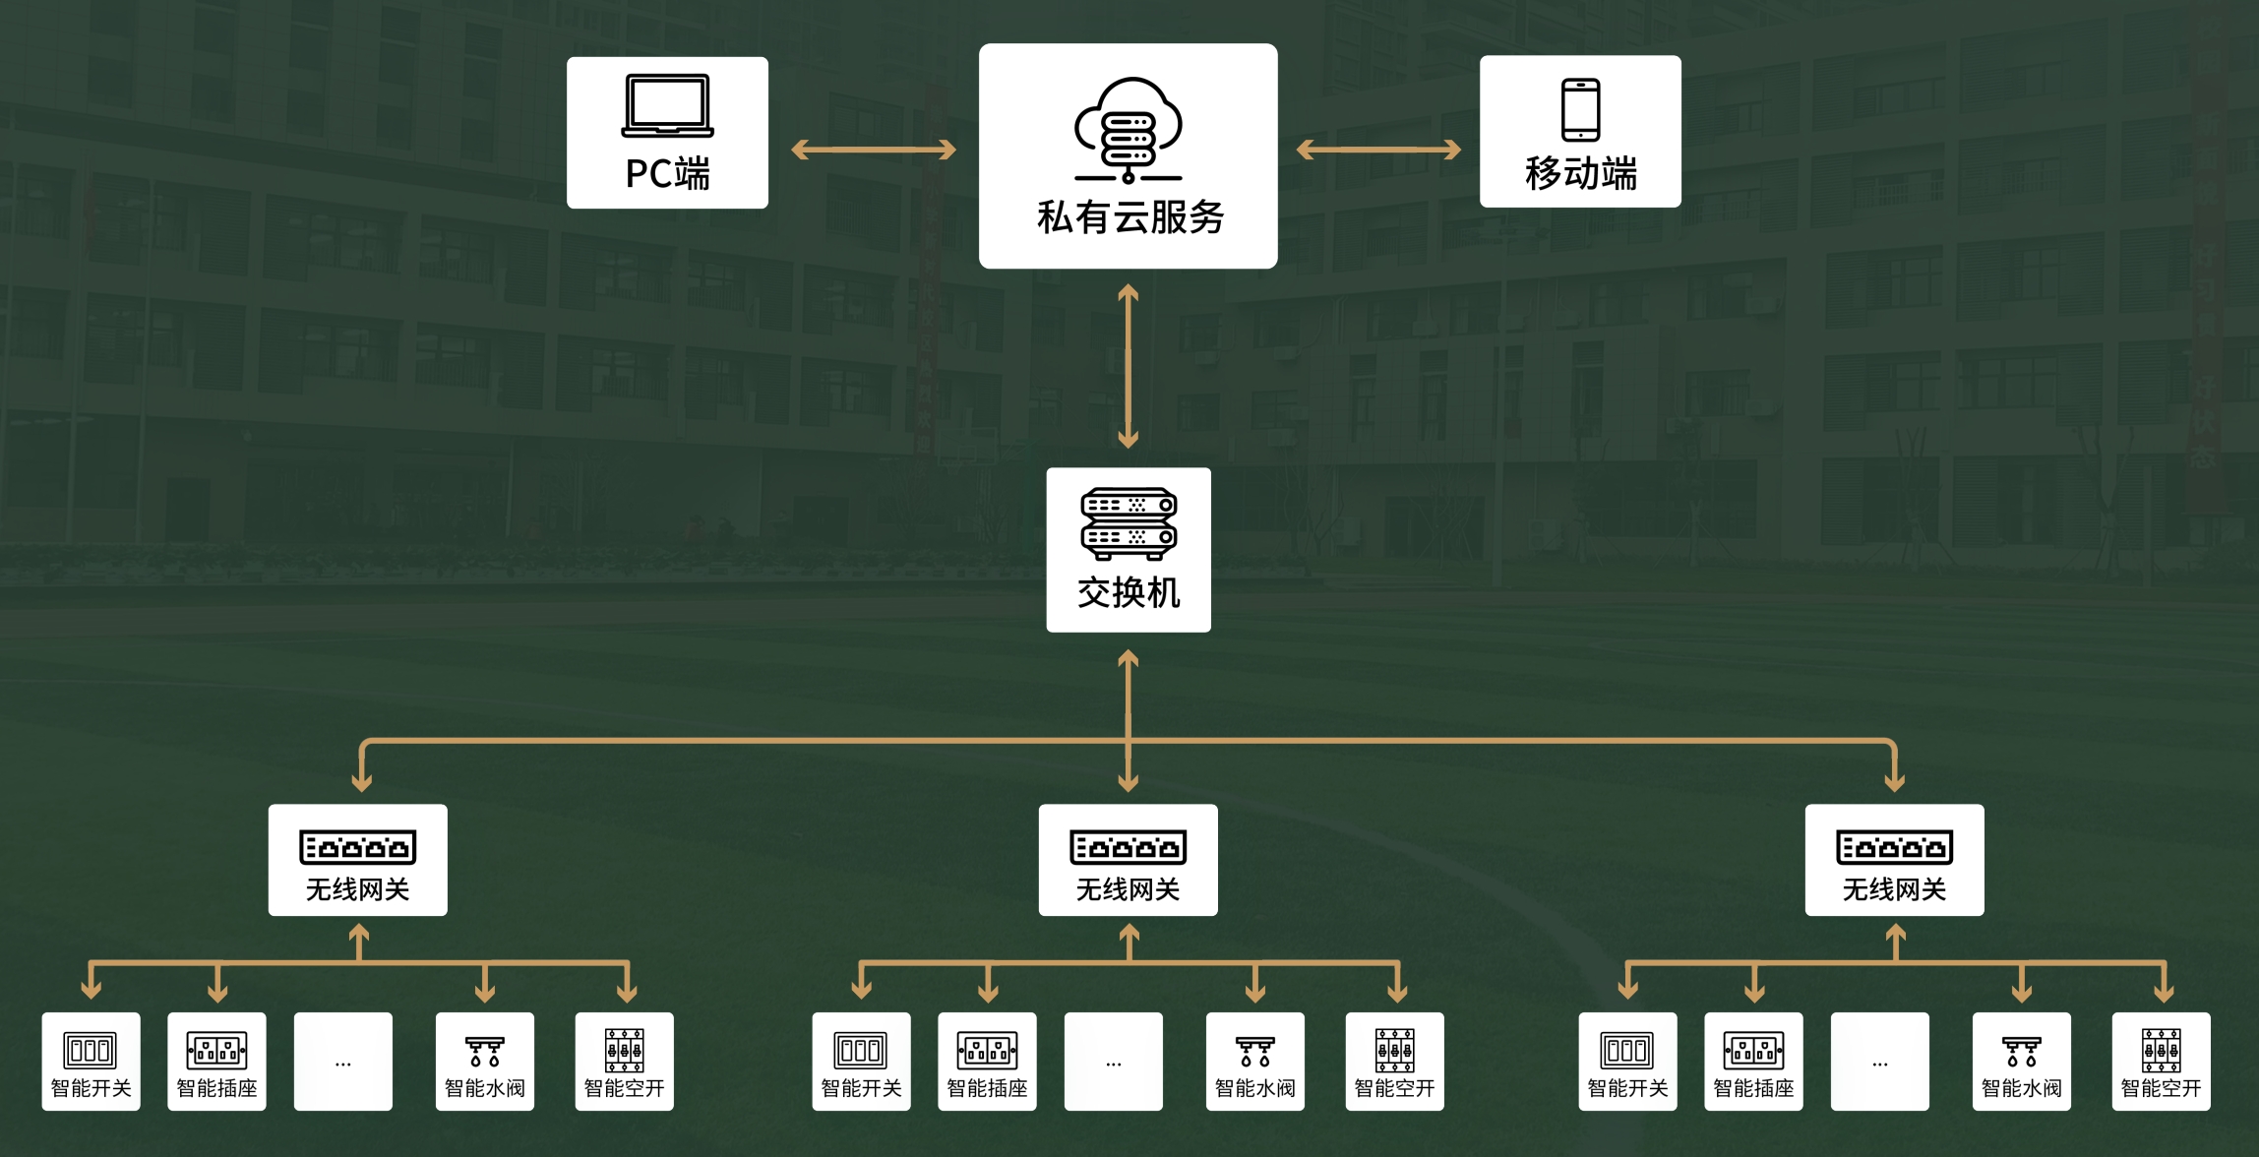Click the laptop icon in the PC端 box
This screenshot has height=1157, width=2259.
click(667, 105)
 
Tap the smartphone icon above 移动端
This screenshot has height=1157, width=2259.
click(1580, 109)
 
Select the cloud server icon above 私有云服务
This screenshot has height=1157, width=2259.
click(1128, 130)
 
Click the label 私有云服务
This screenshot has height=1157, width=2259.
click(1129, 217)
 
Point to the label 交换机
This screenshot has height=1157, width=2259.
click(1129, 593)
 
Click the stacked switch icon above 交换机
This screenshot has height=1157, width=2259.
click(1129, 522)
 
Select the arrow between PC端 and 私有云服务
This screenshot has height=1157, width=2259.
click(874, 150)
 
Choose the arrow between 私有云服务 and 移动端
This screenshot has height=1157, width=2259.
click(1378, 150)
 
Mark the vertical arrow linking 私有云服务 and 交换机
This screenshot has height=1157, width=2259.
click(1129, 366)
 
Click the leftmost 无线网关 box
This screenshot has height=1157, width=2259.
click(358, 860)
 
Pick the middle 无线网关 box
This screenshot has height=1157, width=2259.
click(1129, 860)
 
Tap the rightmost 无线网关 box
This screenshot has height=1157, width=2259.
click(1894, 860)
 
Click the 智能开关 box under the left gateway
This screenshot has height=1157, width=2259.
click(91, 1062)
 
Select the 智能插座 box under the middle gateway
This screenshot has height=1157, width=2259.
click(987, 1062)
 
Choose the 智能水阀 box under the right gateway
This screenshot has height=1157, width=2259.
click(2021, 1062)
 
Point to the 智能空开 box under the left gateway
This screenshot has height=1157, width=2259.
click(624, 1062)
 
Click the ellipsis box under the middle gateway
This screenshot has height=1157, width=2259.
click(1113, 1062)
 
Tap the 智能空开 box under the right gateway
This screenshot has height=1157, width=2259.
click(2161, 1062)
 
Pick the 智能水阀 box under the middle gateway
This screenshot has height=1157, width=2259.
click(1254, 1062)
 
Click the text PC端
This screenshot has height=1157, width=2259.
click(667, 174)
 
